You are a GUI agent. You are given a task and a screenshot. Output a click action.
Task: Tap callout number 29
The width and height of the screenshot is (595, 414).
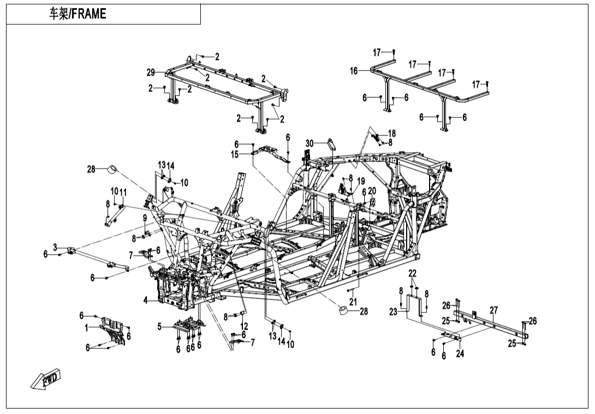pyautogui.click(x=151, y=73)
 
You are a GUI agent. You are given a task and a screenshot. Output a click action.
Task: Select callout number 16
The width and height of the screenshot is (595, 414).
pyautogui.click(x=354, y=71)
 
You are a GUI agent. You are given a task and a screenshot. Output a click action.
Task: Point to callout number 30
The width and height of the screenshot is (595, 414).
pyautogui.click(x=310, y=143)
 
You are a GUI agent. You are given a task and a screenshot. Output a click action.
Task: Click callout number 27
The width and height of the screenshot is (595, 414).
pyautogui.click(x=493, y=310)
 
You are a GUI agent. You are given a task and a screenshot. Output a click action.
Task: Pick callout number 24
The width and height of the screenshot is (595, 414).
pyautogui.click(x=460, y=353)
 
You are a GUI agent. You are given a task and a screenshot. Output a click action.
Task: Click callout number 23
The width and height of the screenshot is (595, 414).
pyautogui.click(x=394, y=312)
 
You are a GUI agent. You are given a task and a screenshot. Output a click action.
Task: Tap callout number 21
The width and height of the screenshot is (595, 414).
pyautogui.click(x=353, y=302)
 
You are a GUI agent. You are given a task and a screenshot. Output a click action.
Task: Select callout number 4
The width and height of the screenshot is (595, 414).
pyautogui.click(x=146, y=299)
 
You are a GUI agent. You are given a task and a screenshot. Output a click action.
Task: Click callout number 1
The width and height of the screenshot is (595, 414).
pyautogui.click(x=86, y=327)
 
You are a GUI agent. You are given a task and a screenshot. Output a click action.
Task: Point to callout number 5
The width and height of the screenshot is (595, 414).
pyautogui.click(x=159, y=327)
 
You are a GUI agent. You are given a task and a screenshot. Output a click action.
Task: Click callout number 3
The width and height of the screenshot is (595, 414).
pyautogui.click(x=55, y=247)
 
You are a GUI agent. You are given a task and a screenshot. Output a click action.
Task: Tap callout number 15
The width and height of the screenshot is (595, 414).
pyautogui.click(x=235, y=154)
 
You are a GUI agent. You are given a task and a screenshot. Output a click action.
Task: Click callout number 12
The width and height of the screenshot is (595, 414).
pyautogui.click(x=244, y=326)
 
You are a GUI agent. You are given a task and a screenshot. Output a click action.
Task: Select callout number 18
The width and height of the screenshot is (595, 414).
pyautogui.click(x=392, y=133)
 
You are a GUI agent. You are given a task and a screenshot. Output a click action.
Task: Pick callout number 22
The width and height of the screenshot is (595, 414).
pyautogui.click(x=413, y=273)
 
